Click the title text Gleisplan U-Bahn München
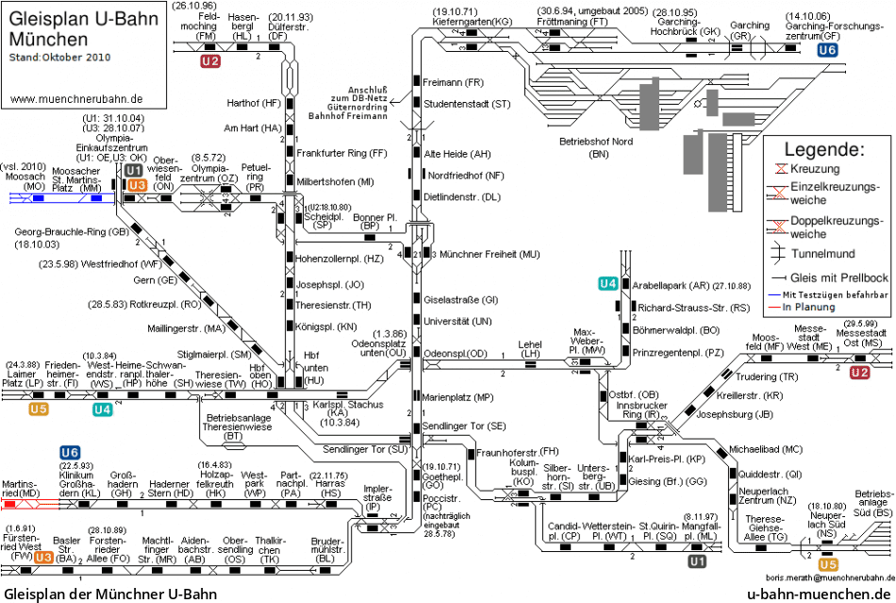(x=62, y=29)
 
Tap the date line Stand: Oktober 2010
(x=59, y=58)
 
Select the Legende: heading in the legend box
(x=823, y=150)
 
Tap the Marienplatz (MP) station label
(x=457, y=397)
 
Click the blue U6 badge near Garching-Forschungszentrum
(x=827, y=51)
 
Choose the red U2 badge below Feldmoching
(x=210, y=61)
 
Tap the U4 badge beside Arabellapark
(x=608, y=284)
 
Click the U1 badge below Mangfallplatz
(x=697, y=561)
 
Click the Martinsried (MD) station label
(x=22, y=488)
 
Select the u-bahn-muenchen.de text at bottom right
(x=818, y=594)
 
